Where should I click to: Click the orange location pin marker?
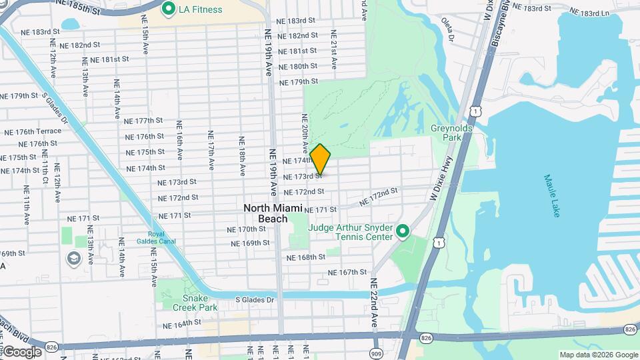click(x=320, y=159)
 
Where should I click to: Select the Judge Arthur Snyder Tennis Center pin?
click(x=403, y=231)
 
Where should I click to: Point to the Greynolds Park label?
click(x=446, y=132)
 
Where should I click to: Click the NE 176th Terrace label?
click(x=33, y=131)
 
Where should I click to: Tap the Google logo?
click(x=21, y=351)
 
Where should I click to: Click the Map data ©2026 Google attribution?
click(x=598, y=355)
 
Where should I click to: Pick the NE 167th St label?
click(x=347, y=272)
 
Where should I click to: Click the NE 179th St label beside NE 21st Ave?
click(x=299, y=82)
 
